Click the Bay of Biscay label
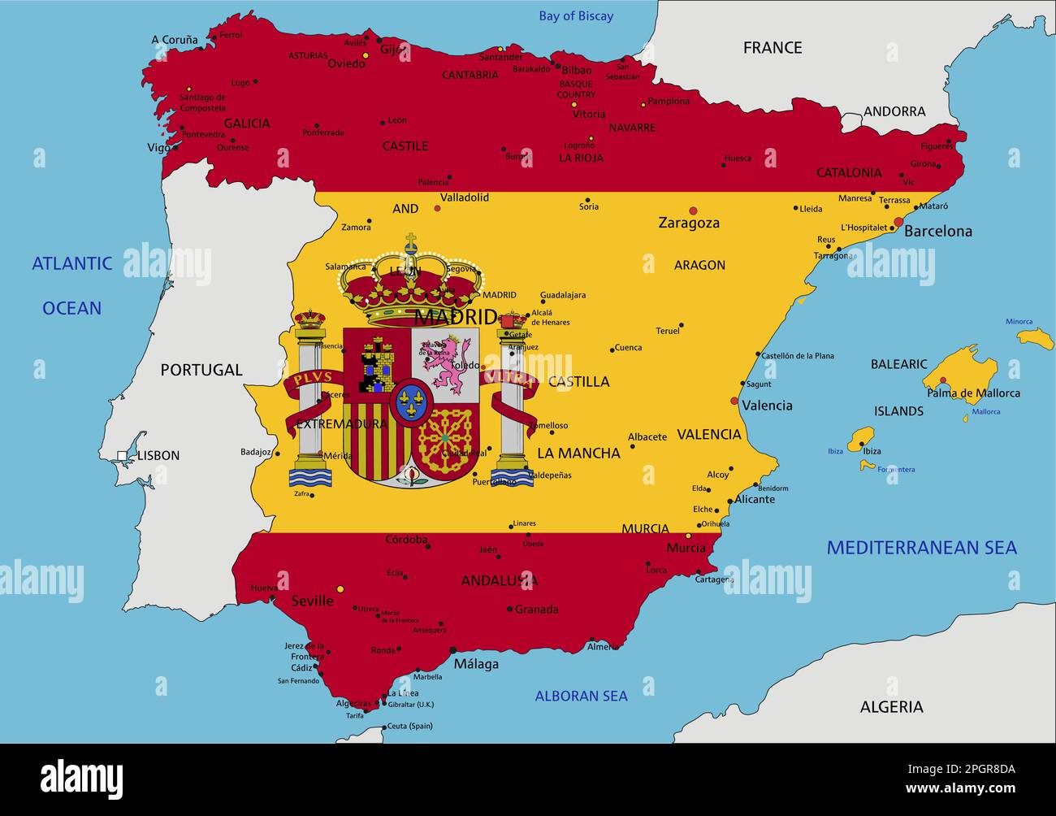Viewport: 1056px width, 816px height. click(576, 16)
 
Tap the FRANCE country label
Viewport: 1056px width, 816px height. click(772, 48)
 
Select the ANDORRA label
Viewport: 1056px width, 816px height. click(894, 111)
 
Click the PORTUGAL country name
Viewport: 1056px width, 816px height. click(201, 370)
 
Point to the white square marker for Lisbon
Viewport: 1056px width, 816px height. click(122, 456)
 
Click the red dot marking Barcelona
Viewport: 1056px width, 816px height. click(898, 222)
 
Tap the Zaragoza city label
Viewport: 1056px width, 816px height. click(689, 223)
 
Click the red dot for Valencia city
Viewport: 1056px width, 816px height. click(734, 401)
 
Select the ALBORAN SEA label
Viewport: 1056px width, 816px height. click(581, 696)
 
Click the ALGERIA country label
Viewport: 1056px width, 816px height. click(891, 707)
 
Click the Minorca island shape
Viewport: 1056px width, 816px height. click(1036, 338)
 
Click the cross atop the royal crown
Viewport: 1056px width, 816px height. click(411, 241)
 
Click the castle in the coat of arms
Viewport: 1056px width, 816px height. click(377, 363)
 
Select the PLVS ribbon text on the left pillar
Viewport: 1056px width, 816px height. click(312, 378)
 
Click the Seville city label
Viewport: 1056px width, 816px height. click(312, 601)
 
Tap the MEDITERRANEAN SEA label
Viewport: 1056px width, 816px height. click(921, 547)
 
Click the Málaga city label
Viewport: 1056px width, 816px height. click(476, 664)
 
